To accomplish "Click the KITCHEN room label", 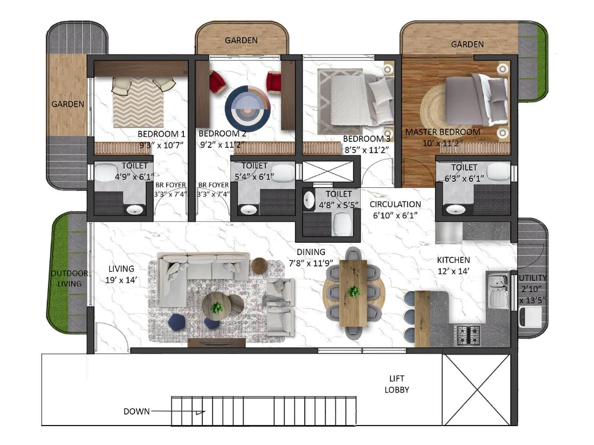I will coord(453,260).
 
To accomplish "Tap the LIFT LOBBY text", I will coord(396,384).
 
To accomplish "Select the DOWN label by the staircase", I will coord(136,411).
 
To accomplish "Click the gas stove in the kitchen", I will coord(467,334).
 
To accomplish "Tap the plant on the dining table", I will coord(353,291).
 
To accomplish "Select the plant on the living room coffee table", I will coord(216,307).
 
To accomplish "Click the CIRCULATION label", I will coord(395,204).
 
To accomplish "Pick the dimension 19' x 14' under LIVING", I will coord(121,280).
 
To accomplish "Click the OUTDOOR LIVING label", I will coord(69,278).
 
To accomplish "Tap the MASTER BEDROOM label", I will coord(443,132).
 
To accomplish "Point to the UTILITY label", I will coord(532,278).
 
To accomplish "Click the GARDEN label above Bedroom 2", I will coord(241,40).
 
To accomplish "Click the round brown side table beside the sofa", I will coord(259,266).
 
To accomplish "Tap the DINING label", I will coord(311,252).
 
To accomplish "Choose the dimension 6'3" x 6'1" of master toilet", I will coord(464,178).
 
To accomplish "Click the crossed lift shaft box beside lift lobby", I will coord(476,390).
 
